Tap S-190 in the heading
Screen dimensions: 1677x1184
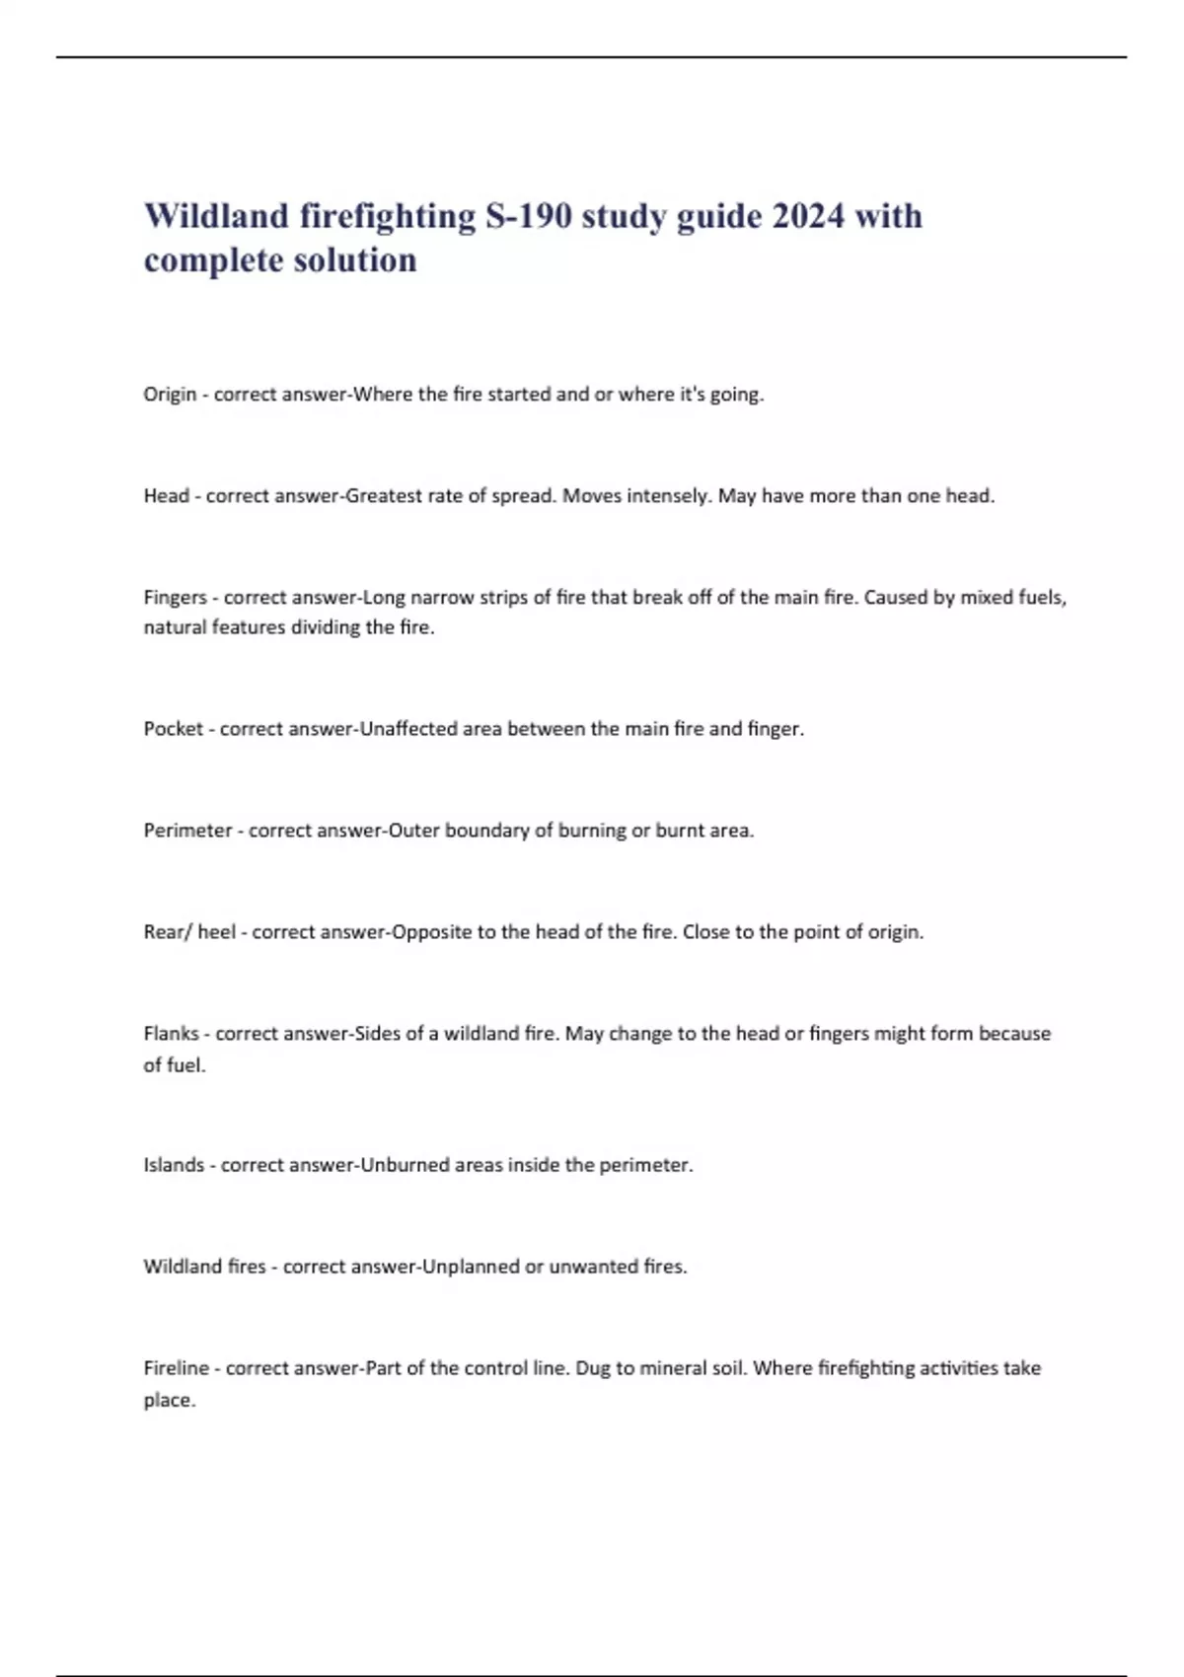[528, 216]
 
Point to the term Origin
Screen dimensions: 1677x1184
[170, 395]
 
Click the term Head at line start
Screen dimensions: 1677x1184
[166, 496]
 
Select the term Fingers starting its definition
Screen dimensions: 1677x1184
[175, 598]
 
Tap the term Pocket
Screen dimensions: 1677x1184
[173, 729]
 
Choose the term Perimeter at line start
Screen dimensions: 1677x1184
[187, 831]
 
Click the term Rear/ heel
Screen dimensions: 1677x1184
[189, 932]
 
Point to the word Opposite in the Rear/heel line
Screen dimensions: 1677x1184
[431, 932]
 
